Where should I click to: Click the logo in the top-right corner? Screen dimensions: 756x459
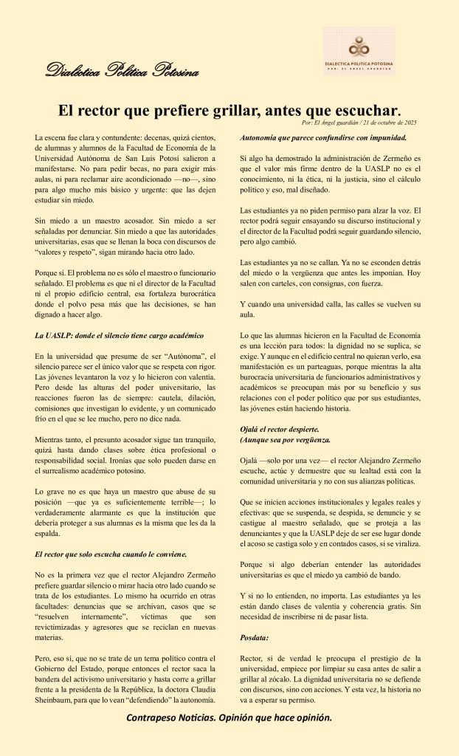[x=359, y=51]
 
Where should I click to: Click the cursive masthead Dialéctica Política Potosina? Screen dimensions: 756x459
[x=122, y=71]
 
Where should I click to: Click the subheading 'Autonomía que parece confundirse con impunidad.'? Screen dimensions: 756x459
[x=324, y=138]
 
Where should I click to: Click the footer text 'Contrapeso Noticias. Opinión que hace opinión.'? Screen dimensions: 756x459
[x=229, y=718]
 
